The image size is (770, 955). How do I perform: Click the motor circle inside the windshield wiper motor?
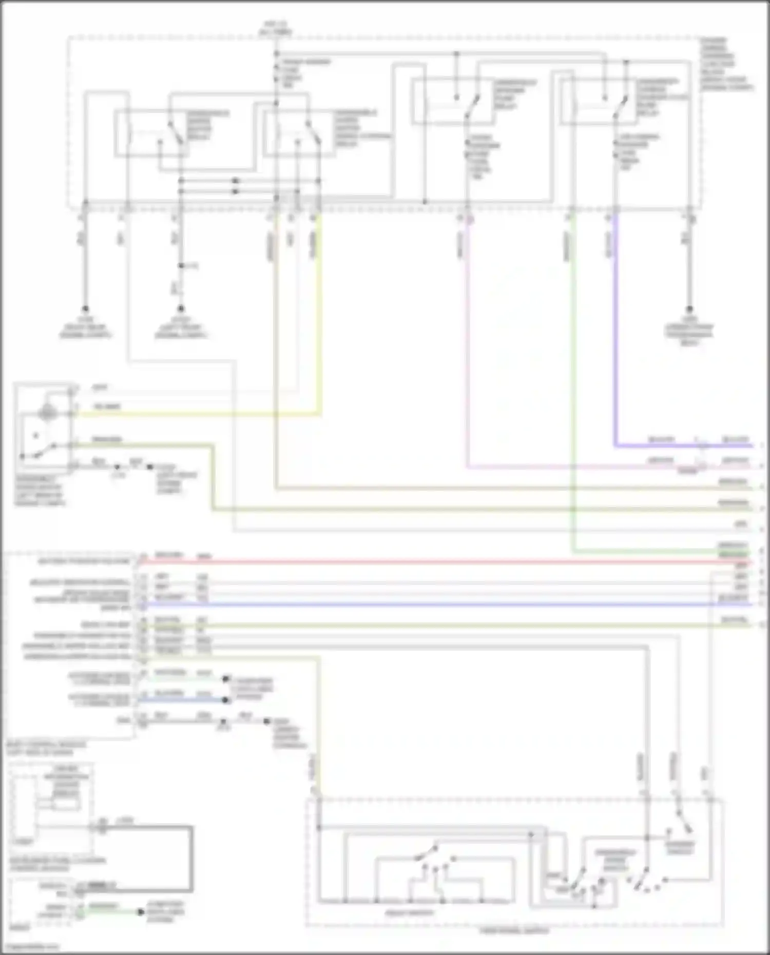48,412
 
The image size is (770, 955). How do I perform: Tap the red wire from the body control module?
411,562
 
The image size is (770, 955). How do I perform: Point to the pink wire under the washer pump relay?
467,334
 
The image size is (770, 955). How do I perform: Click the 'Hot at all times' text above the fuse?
276,28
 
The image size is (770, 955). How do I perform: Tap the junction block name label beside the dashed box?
726,64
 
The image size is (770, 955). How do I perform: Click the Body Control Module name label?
46,748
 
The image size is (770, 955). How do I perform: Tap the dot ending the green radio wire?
140,912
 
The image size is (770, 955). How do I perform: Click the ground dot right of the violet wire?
689,309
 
